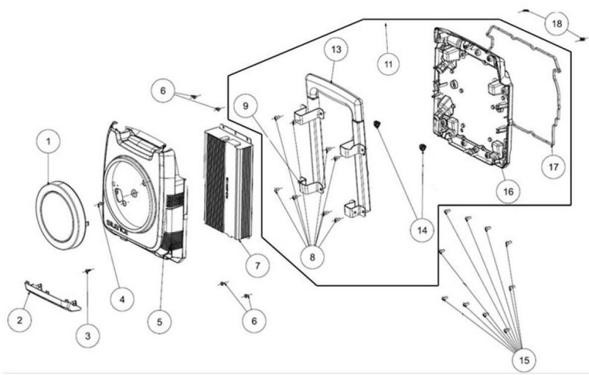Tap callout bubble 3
coord(88,335)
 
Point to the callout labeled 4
coord(121,298)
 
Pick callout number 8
coord(311,257)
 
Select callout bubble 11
coord(388,63)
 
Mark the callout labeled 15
coord(524,360)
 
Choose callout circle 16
coord(509,191)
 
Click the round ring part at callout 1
coord(62,217)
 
